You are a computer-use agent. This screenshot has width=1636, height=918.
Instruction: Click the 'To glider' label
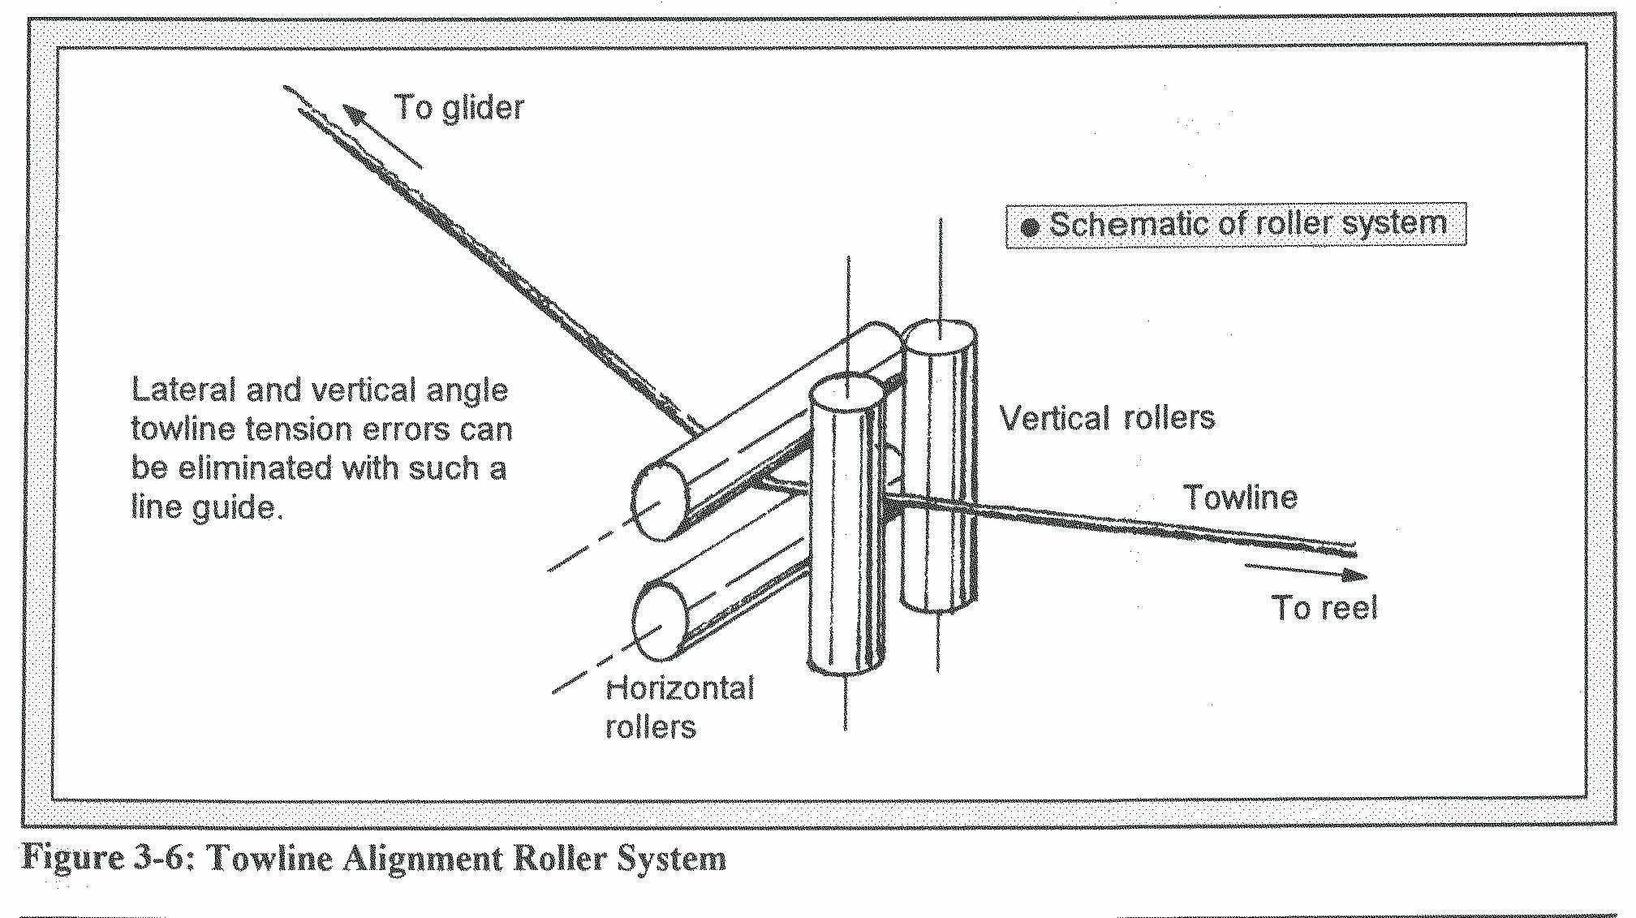coord(459,108)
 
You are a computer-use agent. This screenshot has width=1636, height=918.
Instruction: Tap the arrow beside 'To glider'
coord(381,136)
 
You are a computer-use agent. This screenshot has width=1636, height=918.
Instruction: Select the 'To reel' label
coord(1324,608)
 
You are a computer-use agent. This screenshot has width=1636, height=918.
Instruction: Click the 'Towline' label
coord(1240,498)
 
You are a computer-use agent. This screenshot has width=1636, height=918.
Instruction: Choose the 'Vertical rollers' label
coord(1108,418)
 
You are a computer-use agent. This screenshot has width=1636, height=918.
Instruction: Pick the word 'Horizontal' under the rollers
coord(680,689)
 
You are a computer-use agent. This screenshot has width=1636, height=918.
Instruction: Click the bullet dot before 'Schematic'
coord(1030,227)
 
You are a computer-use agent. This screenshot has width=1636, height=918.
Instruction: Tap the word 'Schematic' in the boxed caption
coord(1120,224)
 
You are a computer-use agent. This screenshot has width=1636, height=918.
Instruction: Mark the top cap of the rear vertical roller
coord(939,335)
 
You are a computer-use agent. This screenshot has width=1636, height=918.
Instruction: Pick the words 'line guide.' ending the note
coord(207,508)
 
